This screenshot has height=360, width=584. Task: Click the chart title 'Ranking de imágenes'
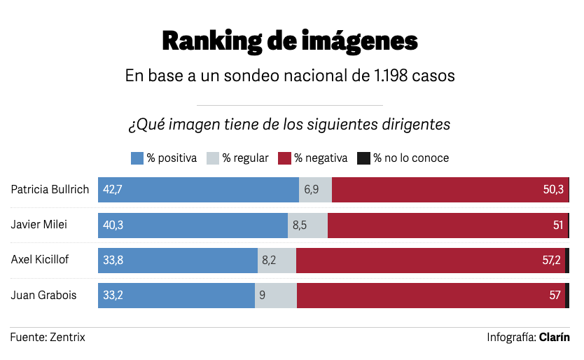pos(289,41)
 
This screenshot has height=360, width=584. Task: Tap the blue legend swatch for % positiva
pos(137,158)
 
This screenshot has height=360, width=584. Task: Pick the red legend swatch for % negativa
pos(284,158)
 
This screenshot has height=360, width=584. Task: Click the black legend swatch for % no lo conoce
pos(363,158)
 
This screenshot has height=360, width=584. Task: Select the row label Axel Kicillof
pos(39,260)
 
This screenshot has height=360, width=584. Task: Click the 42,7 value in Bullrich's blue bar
pos(113,190)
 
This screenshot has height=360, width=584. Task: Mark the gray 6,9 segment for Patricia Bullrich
pos(315,190)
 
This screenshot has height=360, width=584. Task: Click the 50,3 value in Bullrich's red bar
pos(552,190)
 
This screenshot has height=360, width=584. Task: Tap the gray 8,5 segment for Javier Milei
pos(307,225)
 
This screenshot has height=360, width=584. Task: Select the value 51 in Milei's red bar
pos(557,225)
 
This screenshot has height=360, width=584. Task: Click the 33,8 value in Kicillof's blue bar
pos(113,260)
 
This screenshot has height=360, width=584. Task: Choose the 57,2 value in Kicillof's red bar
pos(552,260)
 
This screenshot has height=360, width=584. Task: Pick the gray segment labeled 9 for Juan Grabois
pos(275,295)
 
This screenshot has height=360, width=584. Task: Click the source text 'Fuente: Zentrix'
pos(48,337)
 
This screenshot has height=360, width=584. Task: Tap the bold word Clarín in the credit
pos(554,337)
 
